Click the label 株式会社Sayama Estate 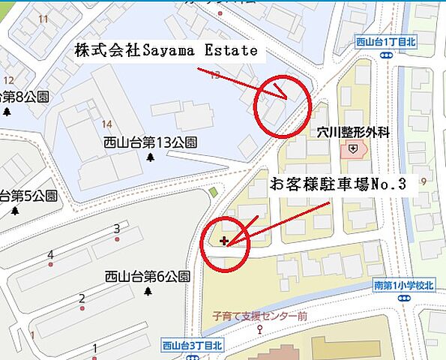[166, 51]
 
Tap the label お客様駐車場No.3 [337, 184]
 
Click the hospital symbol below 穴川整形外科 [353, 150]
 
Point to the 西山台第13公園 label [151, 142]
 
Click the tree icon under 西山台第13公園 [150, 157]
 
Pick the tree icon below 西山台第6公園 [148, 290]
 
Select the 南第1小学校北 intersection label [403, 285]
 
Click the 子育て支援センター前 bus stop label [259, 316]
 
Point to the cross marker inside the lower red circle [225, 241]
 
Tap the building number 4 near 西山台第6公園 [50, 255]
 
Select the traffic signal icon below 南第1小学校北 [405, 298]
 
